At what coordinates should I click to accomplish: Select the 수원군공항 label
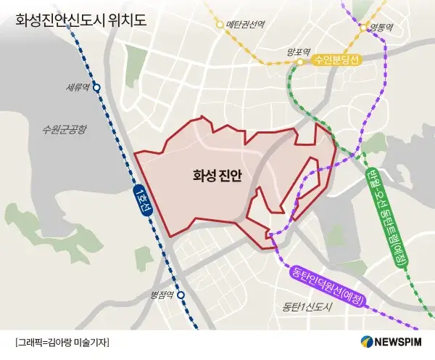tap(65, 130)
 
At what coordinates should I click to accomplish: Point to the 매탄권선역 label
tap(244, 24)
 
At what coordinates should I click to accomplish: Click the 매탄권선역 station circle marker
tap(220, 25)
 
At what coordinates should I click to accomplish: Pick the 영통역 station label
tap(384, 28)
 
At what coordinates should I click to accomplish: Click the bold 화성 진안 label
tap(217, 176)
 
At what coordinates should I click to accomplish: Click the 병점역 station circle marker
tap(181, 295)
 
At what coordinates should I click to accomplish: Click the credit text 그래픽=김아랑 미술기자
tap(62, 342)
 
